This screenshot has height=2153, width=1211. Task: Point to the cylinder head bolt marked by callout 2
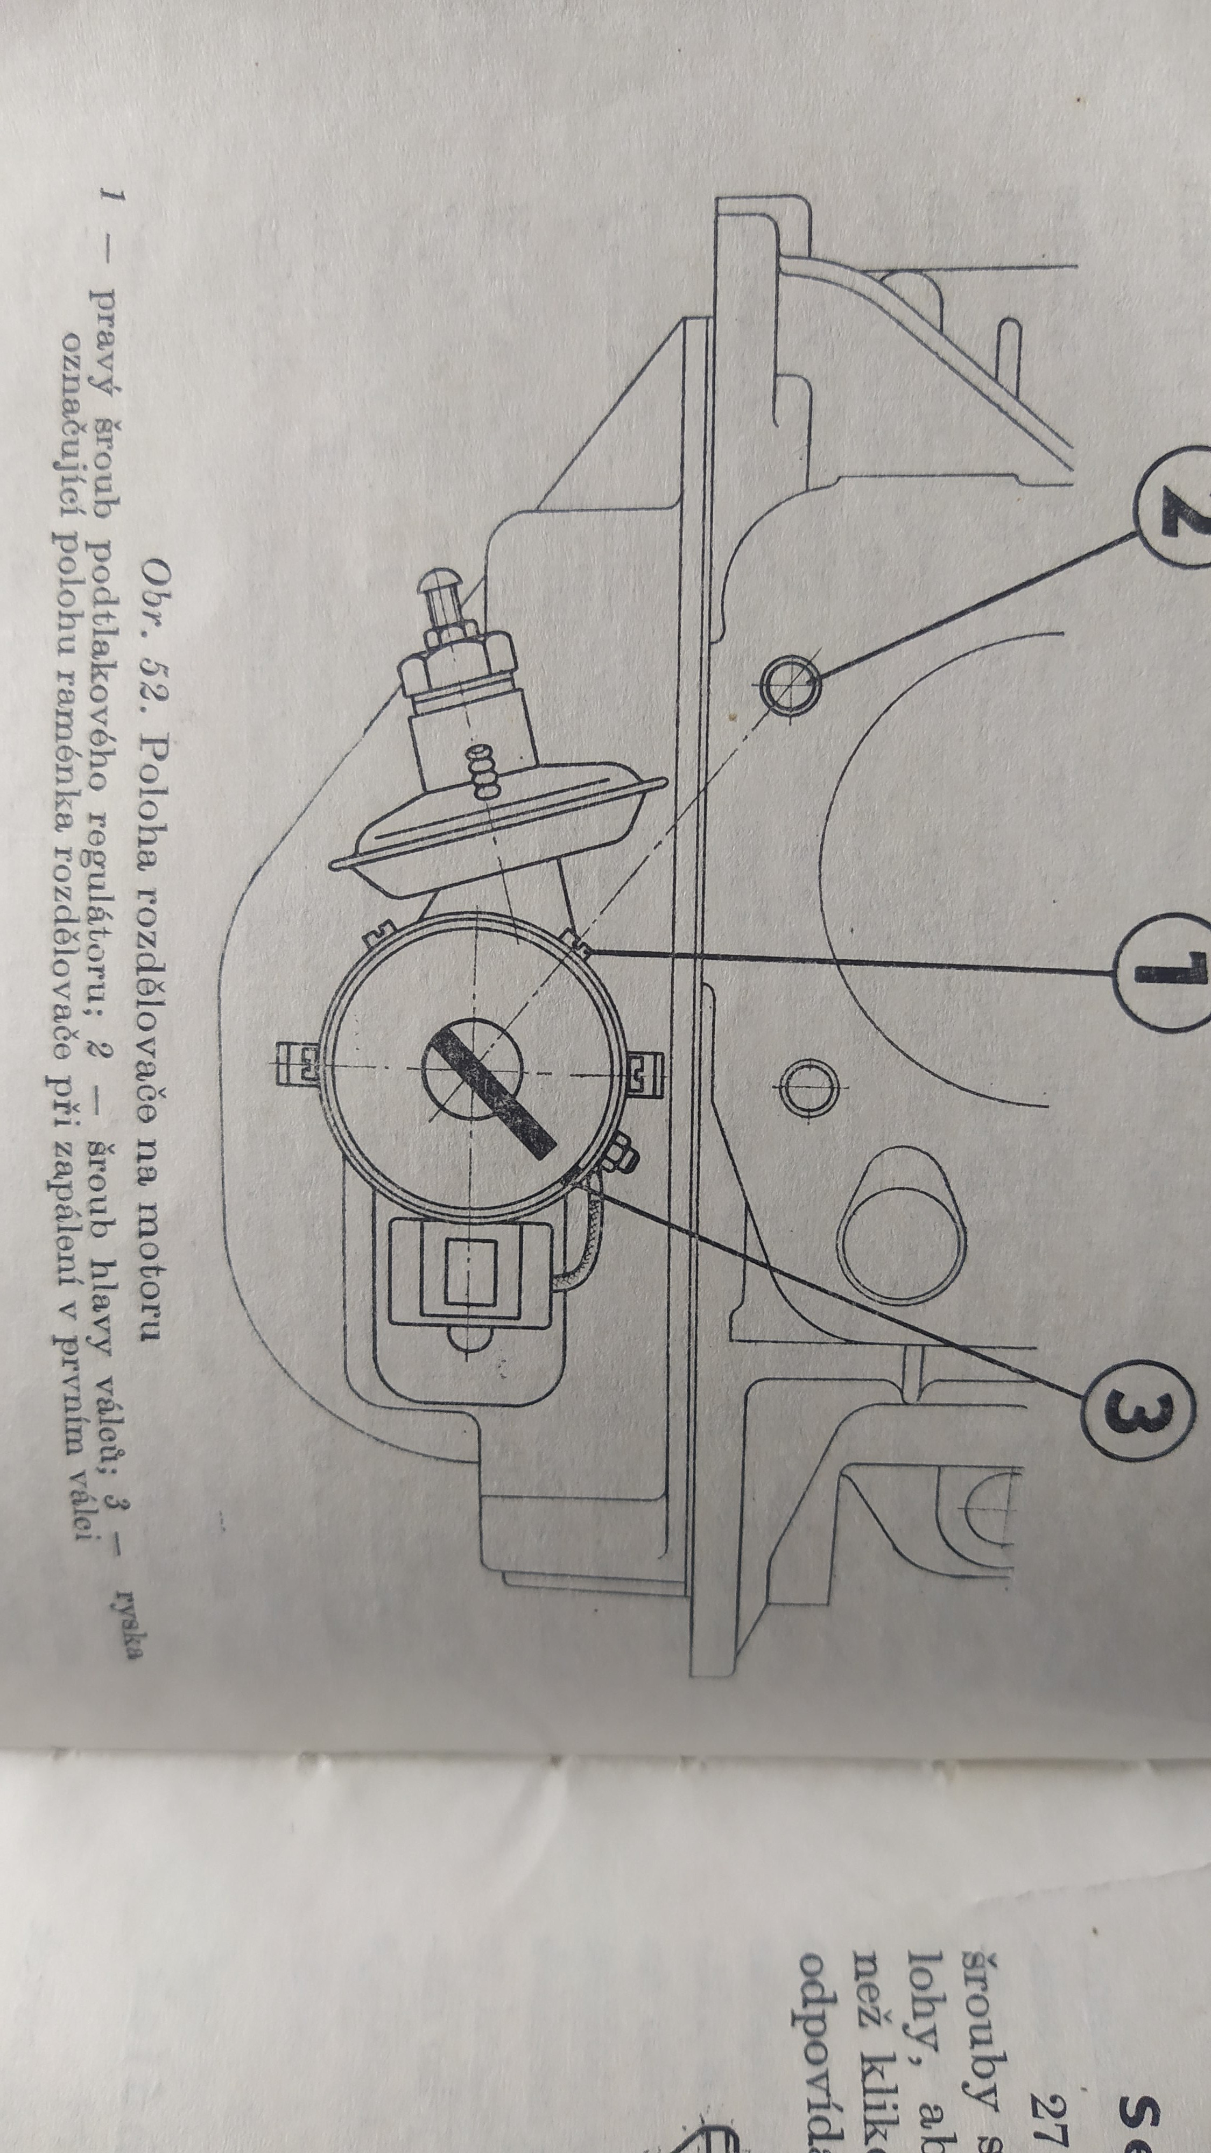789,684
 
